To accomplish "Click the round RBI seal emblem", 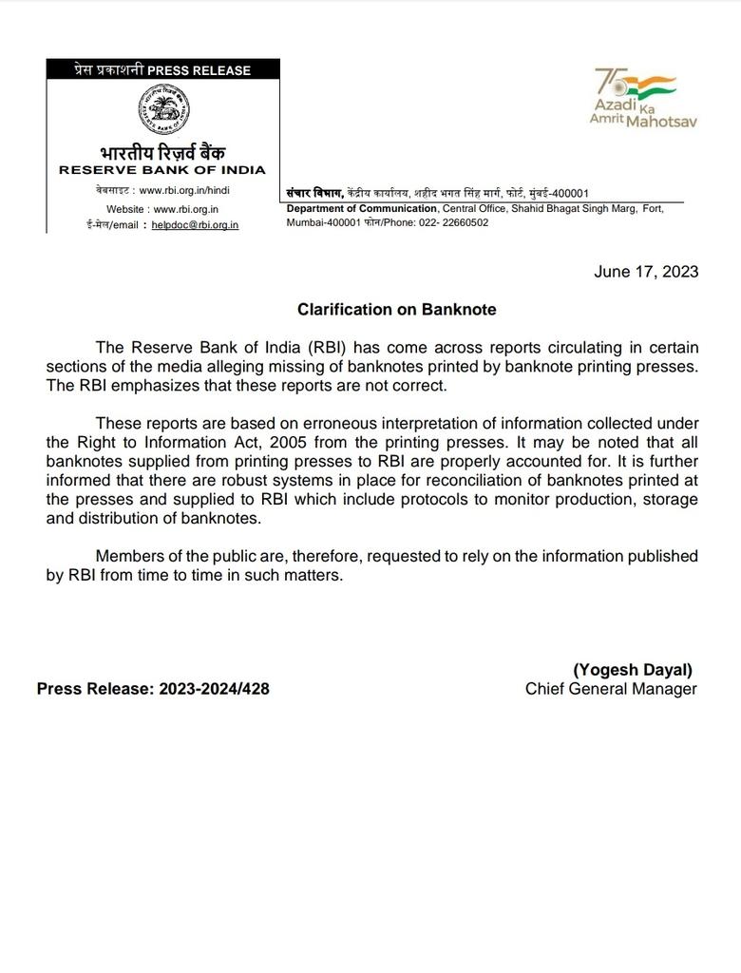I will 163,111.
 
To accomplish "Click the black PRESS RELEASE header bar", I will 163,69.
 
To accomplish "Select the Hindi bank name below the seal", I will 163,152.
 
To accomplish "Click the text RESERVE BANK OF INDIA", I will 162,170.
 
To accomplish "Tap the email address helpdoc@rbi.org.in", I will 195,225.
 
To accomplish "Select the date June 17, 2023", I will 646,272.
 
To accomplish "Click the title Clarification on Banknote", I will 396,310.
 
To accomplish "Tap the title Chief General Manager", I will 611,689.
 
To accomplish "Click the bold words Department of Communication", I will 362,209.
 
